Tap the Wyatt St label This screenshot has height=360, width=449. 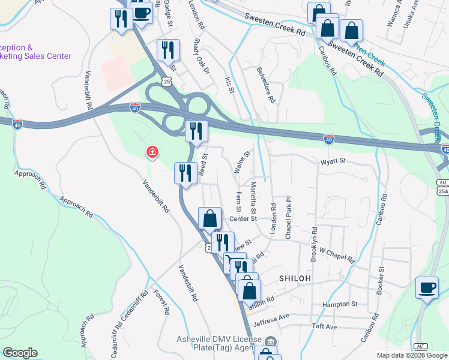point(333,161)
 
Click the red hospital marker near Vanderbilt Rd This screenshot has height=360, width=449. point(152,152)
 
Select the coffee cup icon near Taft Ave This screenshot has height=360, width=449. point(427,288)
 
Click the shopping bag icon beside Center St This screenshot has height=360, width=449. point(210,218)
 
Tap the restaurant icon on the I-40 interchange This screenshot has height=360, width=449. point(196,131)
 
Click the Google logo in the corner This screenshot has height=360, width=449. point(20,353)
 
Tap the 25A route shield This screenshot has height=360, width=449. point(443,191)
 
